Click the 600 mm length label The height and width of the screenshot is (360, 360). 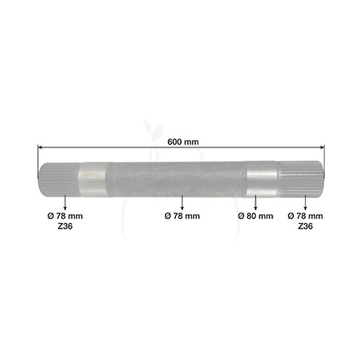click(183, 142)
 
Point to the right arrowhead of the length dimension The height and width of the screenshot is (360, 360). click(323, 147)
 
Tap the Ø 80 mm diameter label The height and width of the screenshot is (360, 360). click(256, 216)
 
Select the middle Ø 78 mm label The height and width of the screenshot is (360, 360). click(182, 216)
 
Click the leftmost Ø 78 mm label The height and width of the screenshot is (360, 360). click(65, 216)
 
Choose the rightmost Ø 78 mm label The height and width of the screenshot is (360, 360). click(305, 216)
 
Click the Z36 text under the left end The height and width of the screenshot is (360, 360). click(65, 226)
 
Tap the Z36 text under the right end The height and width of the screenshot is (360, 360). click(305, 226)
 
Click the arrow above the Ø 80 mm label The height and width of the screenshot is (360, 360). click(256, 203)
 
